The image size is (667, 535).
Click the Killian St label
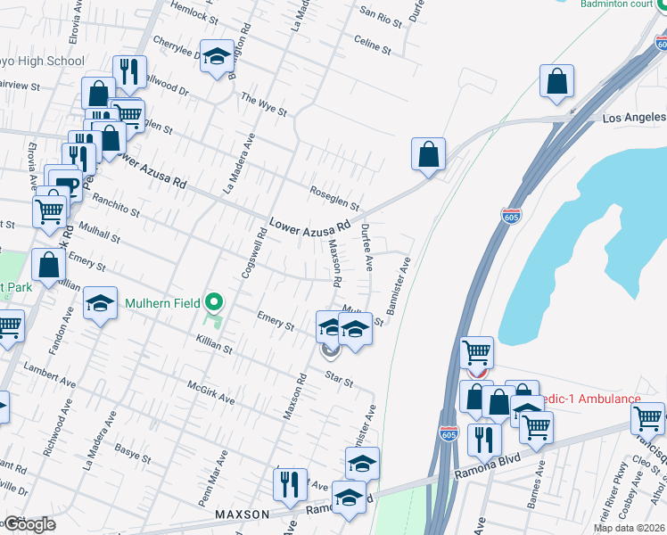coord(214,344)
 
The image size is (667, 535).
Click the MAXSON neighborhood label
coord(242,515)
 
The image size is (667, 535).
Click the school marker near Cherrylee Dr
coord(216,57)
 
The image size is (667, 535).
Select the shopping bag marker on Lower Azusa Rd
coord(428,153)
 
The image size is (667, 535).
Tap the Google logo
coord(29,524)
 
